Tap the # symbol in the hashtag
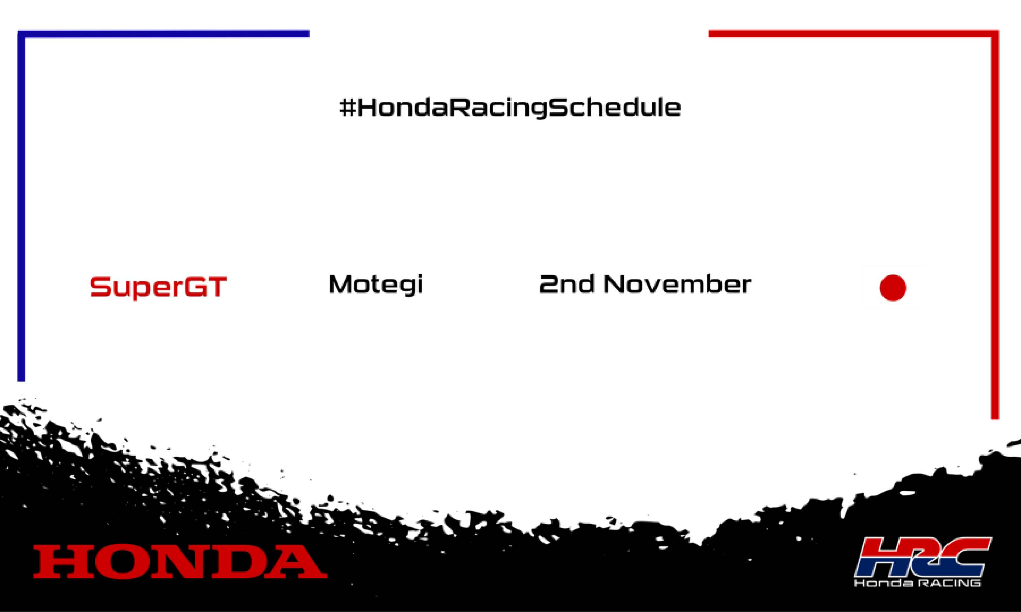click(347, 107)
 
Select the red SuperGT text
click(158, 287)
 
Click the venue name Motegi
click(375, 285)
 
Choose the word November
click(677, 285)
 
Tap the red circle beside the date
click(893, 288)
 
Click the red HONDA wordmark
click(180, 561)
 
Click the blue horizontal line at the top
click(165, 34)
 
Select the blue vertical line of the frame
click(21, 206)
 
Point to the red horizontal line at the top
click(850, 34)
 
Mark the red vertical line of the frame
click(995, 227)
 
